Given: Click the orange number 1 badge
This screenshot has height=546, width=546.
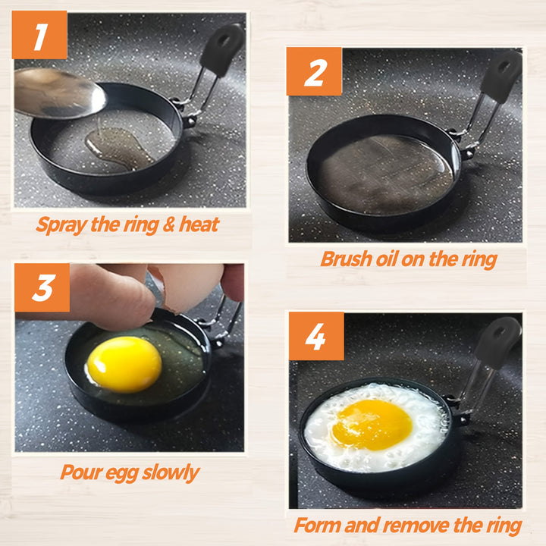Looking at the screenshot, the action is (39, 35).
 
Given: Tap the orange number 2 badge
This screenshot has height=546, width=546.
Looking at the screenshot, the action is (315, 71).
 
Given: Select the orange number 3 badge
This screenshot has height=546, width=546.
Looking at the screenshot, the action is (42, 287).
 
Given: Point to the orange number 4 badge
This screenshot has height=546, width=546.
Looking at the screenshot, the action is (316, 336).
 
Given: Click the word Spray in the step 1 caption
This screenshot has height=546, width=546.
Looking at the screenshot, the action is (61, 225).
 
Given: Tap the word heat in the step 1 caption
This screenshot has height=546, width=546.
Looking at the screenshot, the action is (199, 224).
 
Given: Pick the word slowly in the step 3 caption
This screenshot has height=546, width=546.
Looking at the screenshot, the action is (171, 473).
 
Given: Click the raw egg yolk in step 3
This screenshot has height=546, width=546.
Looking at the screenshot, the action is (124, 364).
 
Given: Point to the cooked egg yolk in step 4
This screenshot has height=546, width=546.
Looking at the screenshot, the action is (372, 425).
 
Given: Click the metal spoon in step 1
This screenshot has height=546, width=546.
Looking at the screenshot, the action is (59, 93).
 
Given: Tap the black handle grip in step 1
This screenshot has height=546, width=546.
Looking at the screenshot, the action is (222, 49).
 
